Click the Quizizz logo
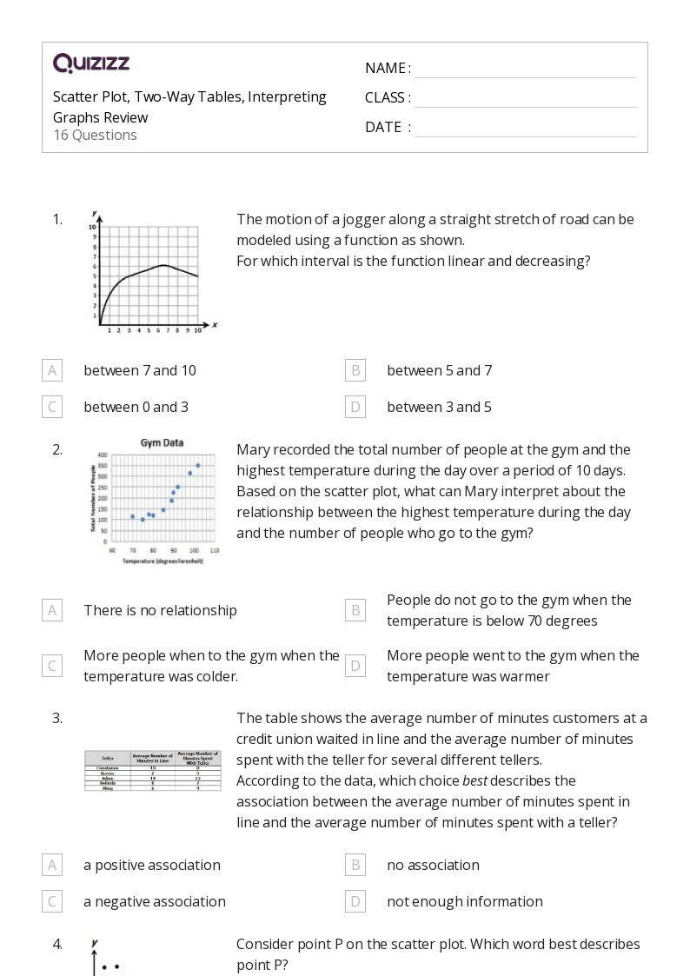click(x=91, y=63)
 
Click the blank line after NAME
click(x=525, y=69)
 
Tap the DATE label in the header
click(x=383, y=127)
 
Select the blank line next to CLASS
click(x=525, y=98)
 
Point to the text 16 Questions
click(x=95, y=135)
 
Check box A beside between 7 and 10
click(x=52, y=370)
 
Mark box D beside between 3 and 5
click(x=355, y=407)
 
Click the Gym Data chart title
click(x=162, y=442)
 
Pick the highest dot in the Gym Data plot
click(x=198, y=465)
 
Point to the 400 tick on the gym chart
click(x=102, y=455)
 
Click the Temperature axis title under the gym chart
click(x=163, y=561)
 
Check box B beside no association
click(x=355, y=865)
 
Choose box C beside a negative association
click(x=52, y=901)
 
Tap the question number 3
click(x=57, y=718)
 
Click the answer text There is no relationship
click(x=160, y=610)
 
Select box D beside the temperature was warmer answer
click(x=355, y=666)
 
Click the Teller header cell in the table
click(x=107, y=757)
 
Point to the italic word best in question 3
click(x=474, y=780)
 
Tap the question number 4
click(x=57, y=944)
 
